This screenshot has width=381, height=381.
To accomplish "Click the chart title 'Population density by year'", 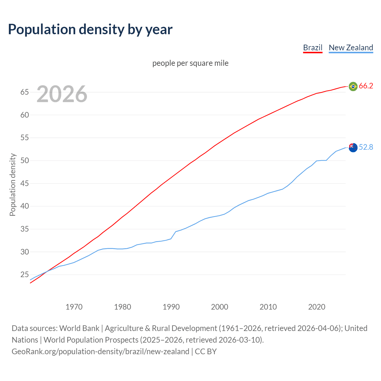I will pyautogui.click(x=90, y=29).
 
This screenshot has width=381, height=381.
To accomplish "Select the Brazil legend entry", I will pyautogui.click(x=313, y=48).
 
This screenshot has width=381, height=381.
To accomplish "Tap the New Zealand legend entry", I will pyautogui.click(x=351, y=48).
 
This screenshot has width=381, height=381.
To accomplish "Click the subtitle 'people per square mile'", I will pyautogui.click(x=190, y=63).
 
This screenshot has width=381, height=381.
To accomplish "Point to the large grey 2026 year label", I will pyautogui.click(x=62, y=94).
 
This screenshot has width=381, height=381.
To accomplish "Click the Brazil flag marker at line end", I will pyautogui.click(x=353, y=86).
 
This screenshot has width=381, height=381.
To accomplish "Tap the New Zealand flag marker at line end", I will pyautogui.click(x=353, y=147).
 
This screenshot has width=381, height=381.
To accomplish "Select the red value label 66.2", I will pyautogui.click(x=366, y=86).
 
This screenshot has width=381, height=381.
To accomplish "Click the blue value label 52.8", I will pyautogui.click(x=366, y=147).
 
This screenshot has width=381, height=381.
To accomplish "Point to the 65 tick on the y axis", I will pyautogui.click(x=24, y=92).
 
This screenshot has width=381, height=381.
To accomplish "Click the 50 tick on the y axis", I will pyautogui.click(x=24, y=161).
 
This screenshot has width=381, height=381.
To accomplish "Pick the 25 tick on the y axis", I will pyautogui.click(x=24, y=275).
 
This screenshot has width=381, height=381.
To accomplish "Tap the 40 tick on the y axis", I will pyautogui.click(x=24, y=206).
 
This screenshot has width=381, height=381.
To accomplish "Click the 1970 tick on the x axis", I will pyautogui.click(x=74, y=307).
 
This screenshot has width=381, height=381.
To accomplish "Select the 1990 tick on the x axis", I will pyautogui.click(x=171, y=307).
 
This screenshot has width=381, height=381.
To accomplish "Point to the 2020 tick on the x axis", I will pyautogui.click(x=317, y=307).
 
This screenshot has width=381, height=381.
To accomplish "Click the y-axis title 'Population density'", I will pyautogui.click(x=13, y=185).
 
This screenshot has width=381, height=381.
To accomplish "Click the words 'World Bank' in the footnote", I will pyautogui.click(x=79, y=328).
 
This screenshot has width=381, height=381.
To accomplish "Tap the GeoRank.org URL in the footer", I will pyautogui.click(x=100, y=352).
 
